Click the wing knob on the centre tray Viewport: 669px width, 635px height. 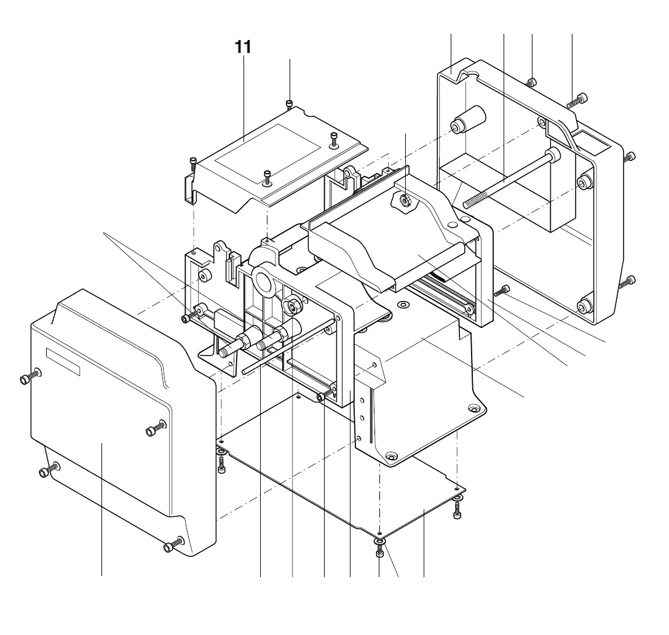pyautogui.click(x=403, y=199)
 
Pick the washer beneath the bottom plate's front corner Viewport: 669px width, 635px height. pyautogui.click(x=379, y=541)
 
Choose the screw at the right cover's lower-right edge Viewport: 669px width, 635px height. pyautogui.click(x=630, y=282)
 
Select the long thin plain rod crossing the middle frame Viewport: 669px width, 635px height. pyautogui.click(x=289, y=348)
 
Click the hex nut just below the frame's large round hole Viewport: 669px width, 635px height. pyautogui.click(x=290, y=305)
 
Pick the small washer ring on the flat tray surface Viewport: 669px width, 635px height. pyautogui.click(x=403, y=304)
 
